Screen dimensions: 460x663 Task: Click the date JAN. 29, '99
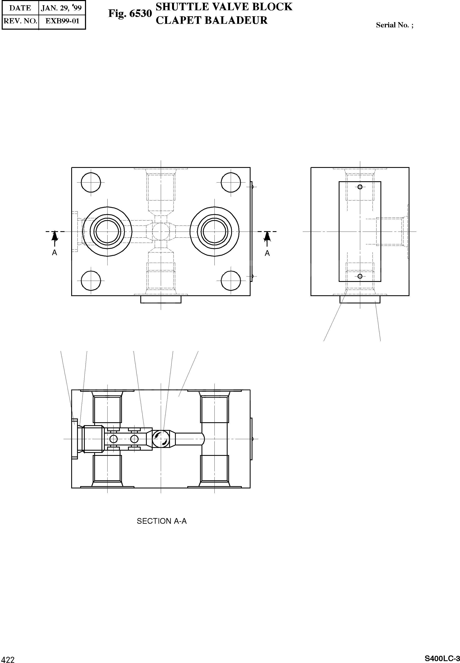click(x=61, y=8)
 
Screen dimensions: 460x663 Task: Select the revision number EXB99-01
click(x=62, y=21)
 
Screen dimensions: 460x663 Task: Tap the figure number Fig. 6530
click(x=130, y=14)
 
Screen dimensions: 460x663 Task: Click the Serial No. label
click(x=394, y=25)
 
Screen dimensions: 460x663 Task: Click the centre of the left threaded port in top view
click(x=107, y=231)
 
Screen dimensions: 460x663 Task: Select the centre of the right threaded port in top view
click(x=214, y=231)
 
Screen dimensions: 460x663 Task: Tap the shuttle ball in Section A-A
click(x=161, y=439)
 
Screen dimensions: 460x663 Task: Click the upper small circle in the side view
click(x=360, y=187)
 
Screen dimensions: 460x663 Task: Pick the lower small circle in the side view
click(x=360, y=276)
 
